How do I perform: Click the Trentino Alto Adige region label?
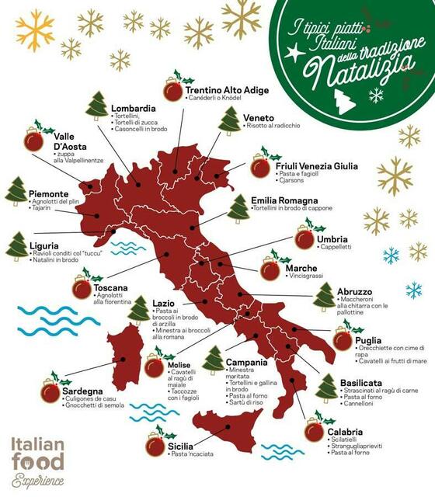(227, 90)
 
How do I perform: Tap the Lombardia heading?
(134, 108)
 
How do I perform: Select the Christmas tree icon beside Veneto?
(229, 122)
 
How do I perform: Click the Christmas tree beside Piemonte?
(16, 192)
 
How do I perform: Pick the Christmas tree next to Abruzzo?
(324, 297)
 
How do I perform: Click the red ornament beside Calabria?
(314, 429)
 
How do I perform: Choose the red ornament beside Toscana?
(82, 288)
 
